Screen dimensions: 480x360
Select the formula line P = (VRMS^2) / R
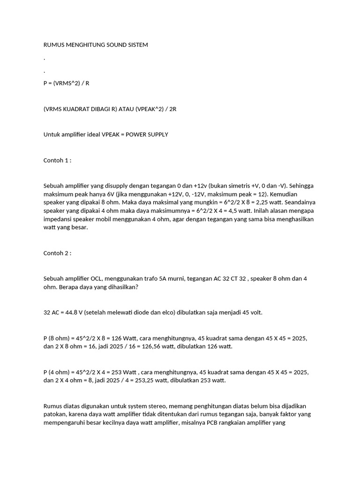click(66, 83)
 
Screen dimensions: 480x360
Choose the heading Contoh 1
click(57, 160)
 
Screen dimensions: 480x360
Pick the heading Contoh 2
click(57, 253)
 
